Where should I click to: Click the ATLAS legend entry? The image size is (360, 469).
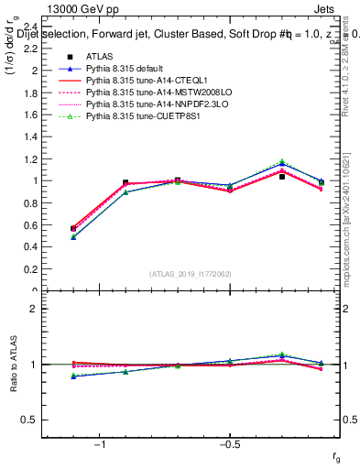pyautogui.click(x=100, y=58)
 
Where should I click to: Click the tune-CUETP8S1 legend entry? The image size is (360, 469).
pyautogui.click(x=143, y=117)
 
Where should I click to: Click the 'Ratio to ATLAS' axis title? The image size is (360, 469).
pyautogui.click(x=13, y=365)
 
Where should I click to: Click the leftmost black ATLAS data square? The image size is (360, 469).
pyautogui.click(x=73, y=228)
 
